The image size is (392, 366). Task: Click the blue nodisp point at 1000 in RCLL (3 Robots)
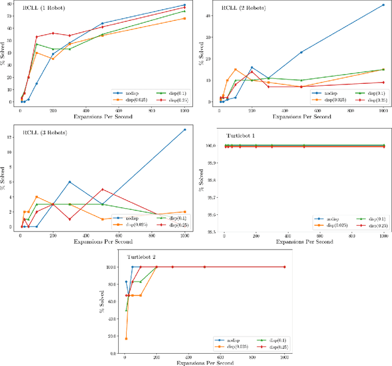(184, 130)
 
